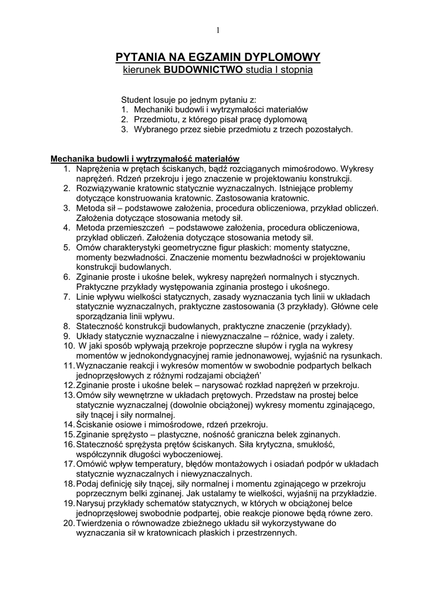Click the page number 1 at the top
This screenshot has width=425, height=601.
point(217,31)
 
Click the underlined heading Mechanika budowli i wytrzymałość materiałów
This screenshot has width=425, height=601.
point(145,158)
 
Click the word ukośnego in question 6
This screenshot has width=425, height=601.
point(312,287)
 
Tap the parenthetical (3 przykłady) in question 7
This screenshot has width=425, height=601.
point(302,306)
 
